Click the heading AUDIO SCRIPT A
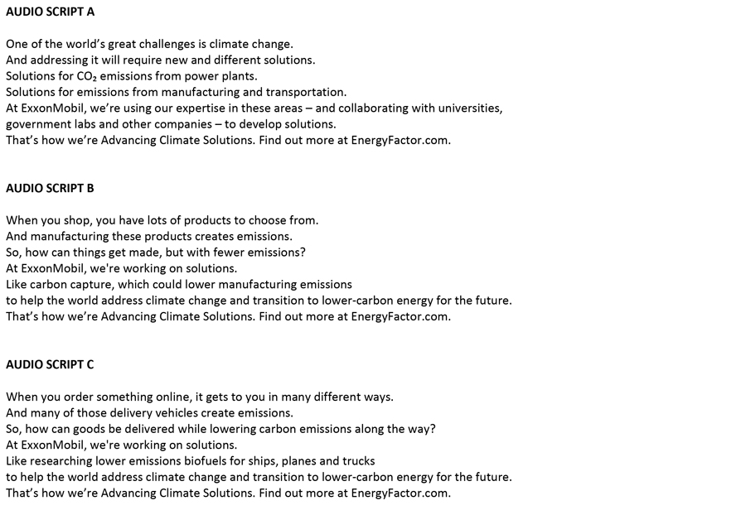(51, 12)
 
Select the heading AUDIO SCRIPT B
(51, 188)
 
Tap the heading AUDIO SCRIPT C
(51, 364)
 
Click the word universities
(472, 108)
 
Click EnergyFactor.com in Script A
(400, 140)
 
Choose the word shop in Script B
(78, 220)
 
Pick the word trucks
(357, 460)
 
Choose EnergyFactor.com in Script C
(400, 493)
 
